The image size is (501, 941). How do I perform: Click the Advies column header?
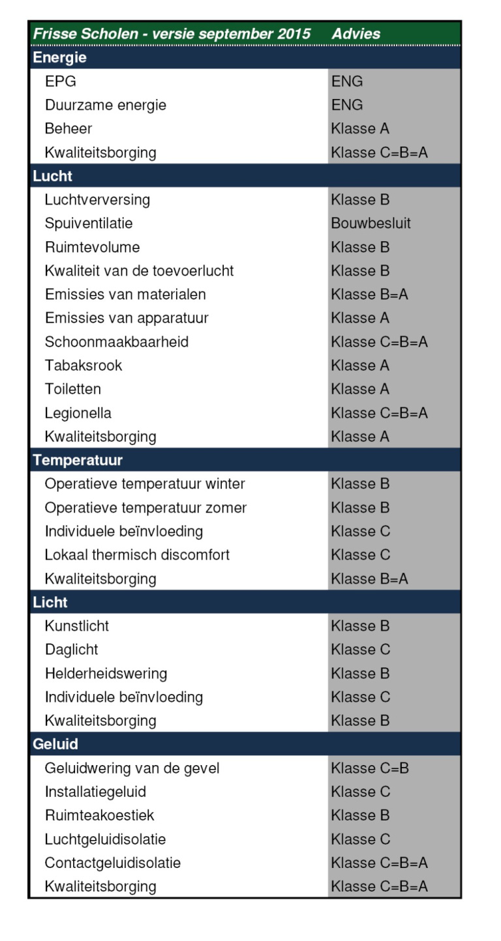(356, 34)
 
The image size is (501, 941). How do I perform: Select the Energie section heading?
(60, 58)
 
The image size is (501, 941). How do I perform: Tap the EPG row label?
(60, 81)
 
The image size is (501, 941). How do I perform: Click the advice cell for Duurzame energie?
(347, 105)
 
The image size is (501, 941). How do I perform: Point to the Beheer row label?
(68, 128)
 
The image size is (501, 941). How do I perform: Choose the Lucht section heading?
(53, 176)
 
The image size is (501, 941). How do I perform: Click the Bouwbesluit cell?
(371, 224)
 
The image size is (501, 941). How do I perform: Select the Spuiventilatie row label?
(89, 224)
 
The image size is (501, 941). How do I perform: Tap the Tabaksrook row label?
(83, 366)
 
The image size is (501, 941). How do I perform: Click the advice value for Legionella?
(379, 413)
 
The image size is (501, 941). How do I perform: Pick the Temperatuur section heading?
(78, 460)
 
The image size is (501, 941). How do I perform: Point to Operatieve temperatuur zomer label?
(145, 508)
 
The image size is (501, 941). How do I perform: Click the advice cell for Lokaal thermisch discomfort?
(360, 555)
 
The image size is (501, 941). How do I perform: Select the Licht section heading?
(50, 602)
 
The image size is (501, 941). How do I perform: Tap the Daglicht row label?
(72, 650)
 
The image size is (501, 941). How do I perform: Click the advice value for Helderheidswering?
(360, 673)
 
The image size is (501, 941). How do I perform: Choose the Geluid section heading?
(55, 744)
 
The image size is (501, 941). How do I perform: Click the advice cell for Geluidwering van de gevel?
(370, 768)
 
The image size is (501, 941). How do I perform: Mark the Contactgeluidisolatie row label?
(113, 863)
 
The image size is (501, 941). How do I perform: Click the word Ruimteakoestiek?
(100, 815)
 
